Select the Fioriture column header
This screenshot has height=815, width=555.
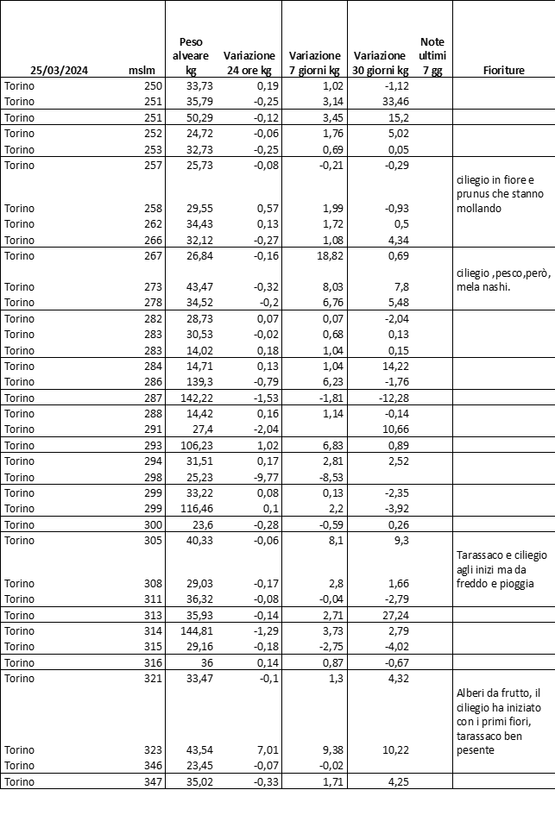coord(503,71)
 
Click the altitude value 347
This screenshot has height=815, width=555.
coord(152,781)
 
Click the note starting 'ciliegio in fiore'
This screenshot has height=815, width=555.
coord(490,194)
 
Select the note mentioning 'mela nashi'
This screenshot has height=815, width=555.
coord(495,280)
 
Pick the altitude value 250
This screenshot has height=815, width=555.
coord(152,85)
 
